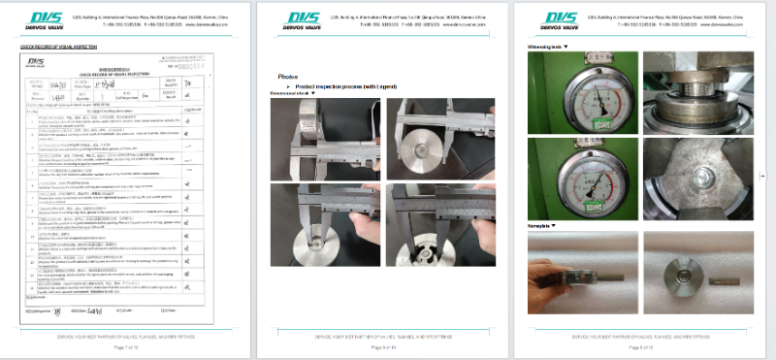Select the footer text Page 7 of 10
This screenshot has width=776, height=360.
[x=129, y=346]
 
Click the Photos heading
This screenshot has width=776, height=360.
[x=288, y=76]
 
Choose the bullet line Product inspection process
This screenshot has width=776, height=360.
[x=335, y=86]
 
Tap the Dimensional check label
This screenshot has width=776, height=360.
[x=298, y=94]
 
